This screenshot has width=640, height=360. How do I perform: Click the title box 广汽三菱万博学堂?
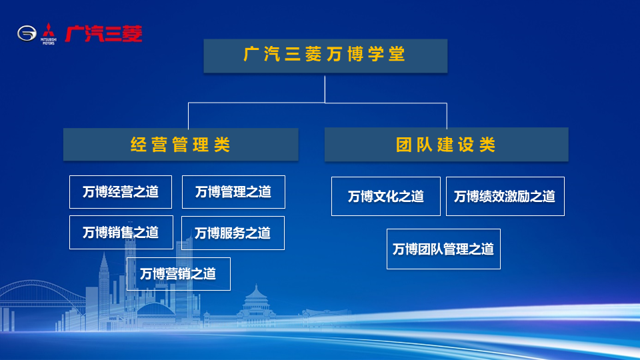pos(325,56)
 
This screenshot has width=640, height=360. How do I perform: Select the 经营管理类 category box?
pos(181,145)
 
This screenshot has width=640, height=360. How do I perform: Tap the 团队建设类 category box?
pos(446,145)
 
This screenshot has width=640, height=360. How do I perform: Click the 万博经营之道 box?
pos(121,192)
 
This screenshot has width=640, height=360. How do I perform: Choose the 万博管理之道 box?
pos(233,192)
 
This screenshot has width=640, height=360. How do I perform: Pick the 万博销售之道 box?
pos(121,232)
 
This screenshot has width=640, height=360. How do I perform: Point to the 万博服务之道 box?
pos(233,233)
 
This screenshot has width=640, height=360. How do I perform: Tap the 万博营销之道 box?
pos(179,274)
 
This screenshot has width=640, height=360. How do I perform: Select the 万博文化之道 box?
pos(386,196)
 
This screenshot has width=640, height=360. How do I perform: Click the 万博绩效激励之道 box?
pos(505,196)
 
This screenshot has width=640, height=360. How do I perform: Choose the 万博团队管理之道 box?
pos(443,249)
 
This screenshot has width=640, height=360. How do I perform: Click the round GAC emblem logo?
pos(27,33)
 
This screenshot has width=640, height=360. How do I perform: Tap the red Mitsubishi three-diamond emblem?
pos(49,31)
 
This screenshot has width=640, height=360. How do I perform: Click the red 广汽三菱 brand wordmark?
pos(104,33)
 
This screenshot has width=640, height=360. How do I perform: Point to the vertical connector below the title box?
pos(325,89)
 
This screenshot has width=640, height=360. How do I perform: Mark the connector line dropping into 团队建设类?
pos(447,115)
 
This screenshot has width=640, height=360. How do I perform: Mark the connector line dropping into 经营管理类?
pos(188,116)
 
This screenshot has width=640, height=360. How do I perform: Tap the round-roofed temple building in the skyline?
pos(256,303)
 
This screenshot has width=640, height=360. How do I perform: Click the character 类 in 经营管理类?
pos(222,145)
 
